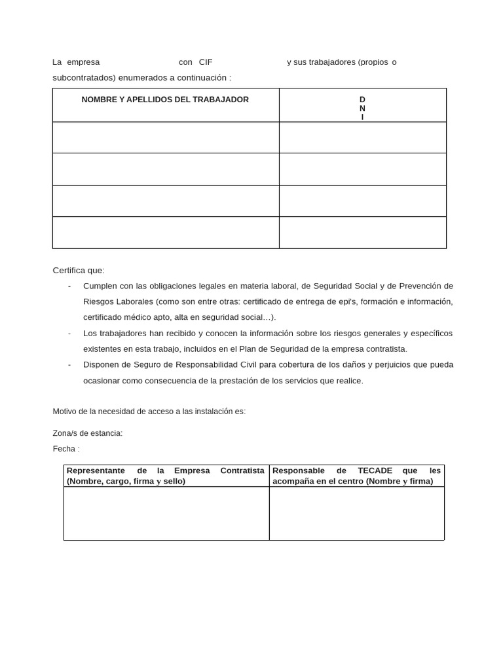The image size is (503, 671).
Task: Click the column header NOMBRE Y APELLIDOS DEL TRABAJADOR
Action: click(x=165, y=100)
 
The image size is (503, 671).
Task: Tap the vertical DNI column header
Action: click(x=362, y=108)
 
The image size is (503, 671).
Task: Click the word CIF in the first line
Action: click(x=206, y=62)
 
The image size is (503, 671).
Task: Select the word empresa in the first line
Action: click(x=83, y=62)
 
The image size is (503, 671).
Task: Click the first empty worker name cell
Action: click(x=166, y=138)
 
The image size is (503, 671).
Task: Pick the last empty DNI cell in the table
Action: click(x=362, y=233)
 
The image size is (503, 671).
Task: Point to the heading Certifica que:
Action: click(x=79, y=270)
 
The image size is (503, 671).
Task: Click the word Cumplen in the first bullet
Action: click(x=100, y=286)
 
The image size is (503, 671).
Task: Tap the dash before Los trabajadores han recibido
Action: click(x=69, y=334)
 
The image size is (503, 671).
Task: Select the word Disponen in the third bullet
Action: click(x=101, y=365)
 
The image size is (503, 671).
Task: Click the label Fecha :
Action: click(x=66, y=449)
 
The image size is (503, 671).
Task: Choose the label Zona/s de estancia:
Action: click(x=88, y=433)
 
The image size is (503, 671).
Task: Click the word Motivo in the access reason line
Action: click(x=65, y=412)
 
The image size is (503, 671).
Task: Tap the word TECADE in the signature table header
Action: click(x=375, y=470)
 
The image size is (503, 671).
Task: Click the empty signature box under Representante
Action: click(x=166, y=513)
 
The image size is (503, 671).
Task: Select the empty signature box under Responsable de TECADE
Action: click(x=356, y=513)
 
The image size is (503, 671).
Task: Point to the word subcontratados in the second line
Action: click(x=83, y=78)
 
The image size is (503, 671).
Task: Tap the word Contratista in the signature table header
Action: click(x=242, y=470)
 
